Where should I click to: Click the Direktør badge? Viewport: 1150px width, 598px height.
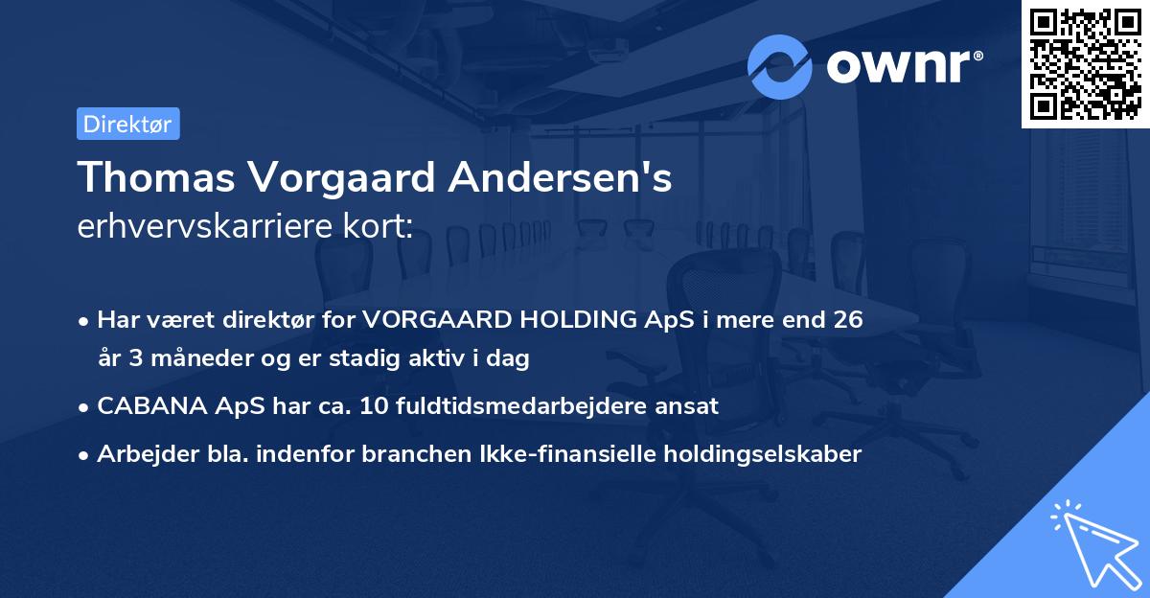(127, 125)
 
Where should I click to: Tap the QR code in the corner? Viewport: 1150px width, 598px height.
(1085, 63)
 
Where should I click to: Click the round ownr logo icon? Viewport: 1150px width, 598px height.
(780, 67)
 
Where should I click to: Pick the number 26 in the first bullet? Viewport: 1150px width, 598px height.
(847, 320)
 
